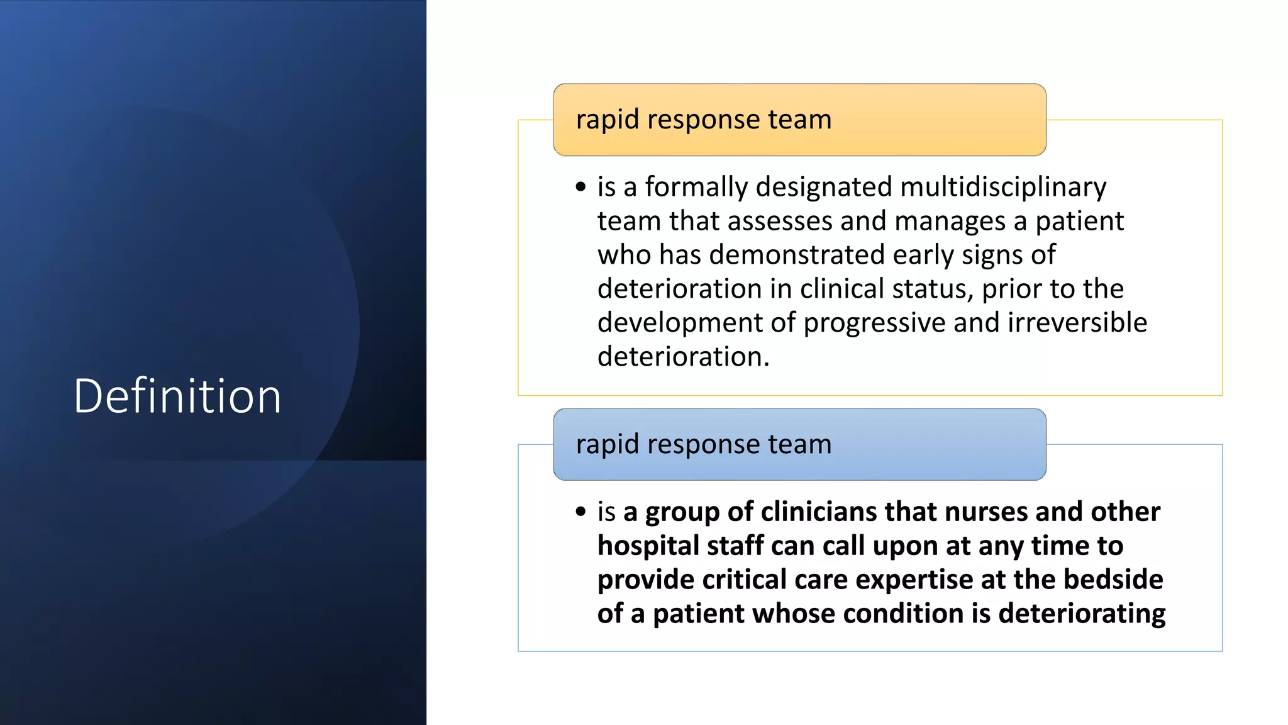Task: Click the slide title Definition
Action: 177,396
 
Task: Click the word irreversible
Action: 1077,322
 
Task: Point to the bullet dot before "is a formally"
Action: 580,187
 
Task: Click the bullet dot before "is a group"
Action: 580,511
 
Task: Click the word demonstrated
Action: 797,255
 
